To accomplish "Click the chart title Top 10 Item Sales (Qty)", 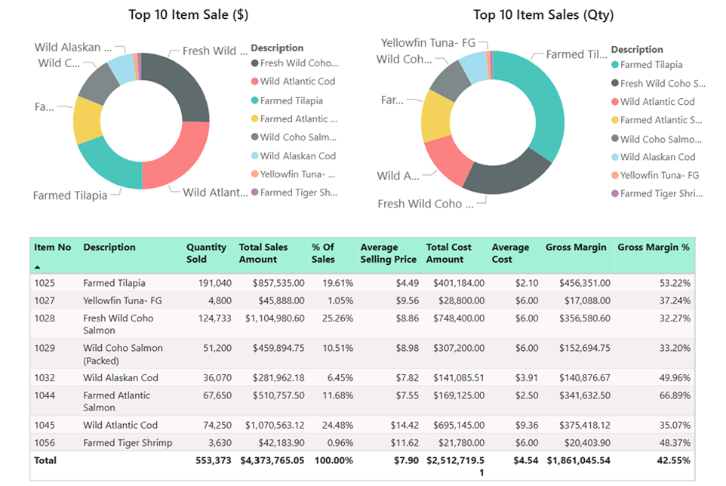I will (x=543, y=14).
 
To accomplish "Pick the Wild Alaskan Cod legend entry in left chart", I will (x=297, y=156).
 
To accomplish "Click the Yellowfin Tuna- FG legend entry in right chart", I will (x=659, y=175).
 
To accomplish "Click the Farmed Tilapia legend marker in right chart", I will (x=615, y=66).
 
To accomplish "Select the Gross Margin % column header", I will (x=653, y=248).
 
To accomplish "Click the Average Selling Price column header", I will (x=388, y=254).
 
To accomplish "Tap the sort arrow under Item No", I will (x=38, y=267).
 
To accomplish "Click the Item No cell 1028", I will (x=45, y=318).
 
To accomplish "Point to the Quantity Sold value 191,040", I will (x=214, y=284).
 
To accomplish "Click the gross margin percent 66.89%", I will (x=674, y=395).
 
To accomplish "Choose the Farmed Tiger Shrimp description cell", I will (x=128, y=443).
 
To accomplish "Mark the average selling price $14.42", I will (x=401, y=426).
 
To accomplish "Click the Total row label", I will (x=45, y=460).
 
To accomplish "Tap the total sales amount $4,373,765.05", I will (x=272, y=460).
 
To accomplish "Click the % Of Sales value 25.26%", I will (x=332, y=318).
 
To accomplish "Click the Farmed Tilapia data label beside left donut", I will (x=69, y=195).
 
